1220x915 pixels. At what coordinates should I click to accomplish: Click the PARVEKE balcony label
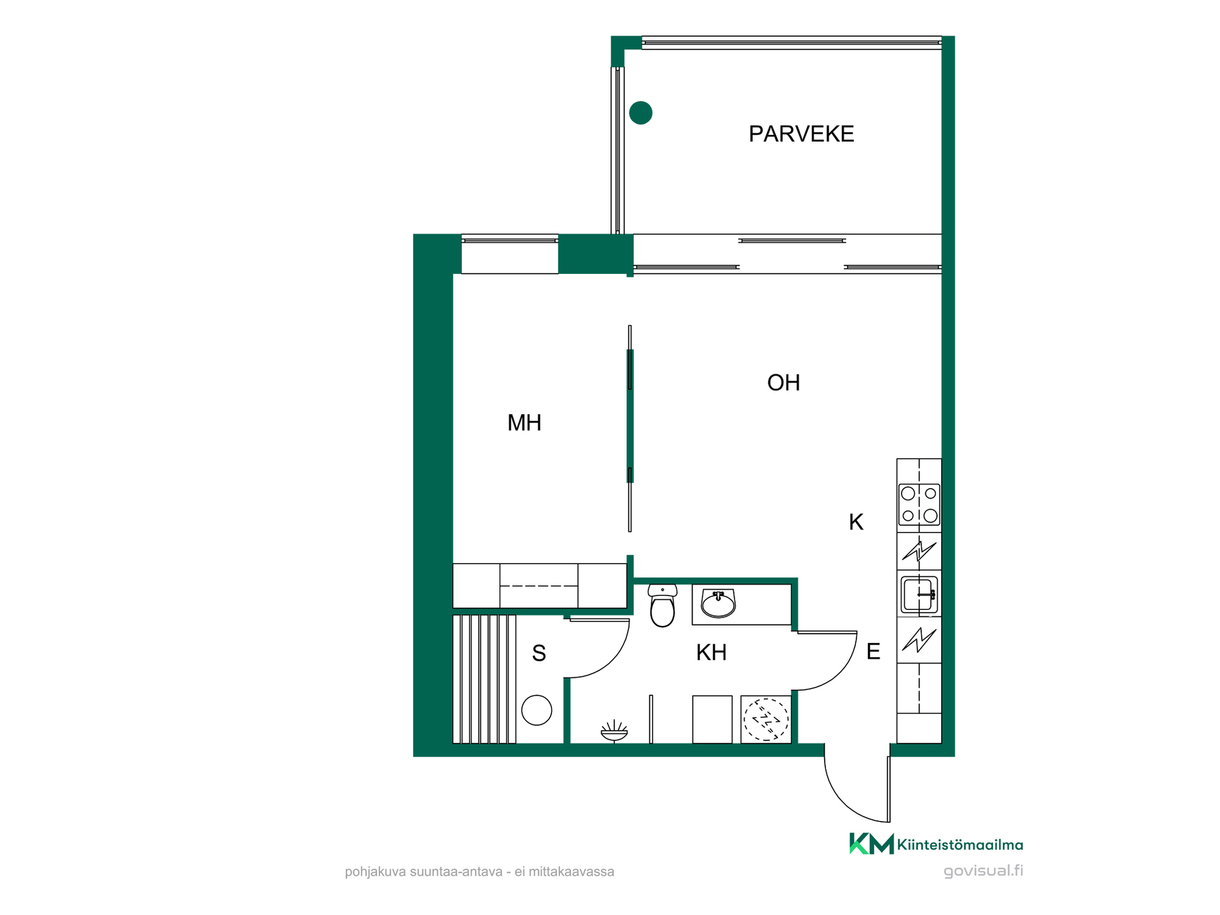tap(801, 134)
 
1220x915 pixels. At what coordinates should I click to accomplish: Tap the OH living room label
tap(783, 383)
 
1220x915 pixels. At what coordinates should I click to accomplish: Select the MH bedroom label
tap(524, 423)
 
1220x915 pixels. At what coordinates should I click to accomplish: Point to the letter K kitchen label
tap(856, 522)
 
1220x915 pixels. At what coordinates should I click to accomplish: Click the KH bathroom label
tap(711, 653)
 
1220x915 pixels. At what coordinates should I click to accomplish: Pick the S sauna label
tap(539, 653)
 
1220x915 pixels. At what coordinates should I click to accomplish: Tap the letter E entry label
tap(873, 651)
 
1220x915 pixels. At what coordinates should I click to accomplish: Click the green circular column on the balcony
tap(640, 113)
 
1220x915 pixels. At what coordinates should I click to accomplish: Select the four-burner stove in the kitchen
tap(919, 504)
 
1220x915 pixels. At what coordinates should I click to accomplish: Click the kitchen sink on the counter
tap(919, 594)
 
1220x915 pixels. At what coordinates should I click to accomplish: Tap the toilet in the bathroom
tap(662, 606)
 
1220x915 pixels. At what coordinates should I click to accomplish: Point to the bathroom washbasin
tap(718, 603)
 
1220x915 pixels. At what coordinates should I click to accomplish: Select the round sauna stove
tap(536, 710)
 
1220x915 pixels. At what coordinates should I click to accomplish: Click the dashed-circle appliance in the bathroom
tap(766, 719)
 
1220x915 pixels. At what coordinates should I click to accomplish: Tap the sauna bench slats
tap(484, 679)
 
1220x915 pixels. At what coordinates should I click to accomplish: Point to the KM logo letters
tap(872, 844)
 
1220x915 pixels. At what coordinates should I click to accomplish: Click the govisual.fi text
tap(983, 871)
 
